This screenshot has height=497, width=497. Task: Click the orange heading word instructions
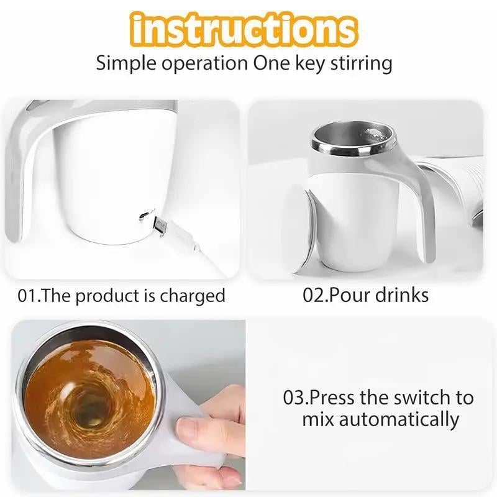point(245,29)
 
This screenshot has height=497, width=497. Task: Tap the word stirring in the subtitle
point(362,63)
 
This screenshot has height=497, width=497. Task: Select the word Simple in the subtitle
point(126,63)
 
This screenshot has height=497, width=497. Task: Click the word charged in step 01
point(193,296)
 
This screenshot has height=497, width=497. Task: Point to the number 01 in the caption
point(27,296)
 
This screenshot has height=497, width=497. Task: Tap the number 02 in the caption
point(314,295)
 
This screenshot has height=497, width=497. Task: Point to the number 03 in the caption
point(294,398)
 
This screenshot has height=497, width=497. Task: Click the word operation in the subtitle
point(205,63)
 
